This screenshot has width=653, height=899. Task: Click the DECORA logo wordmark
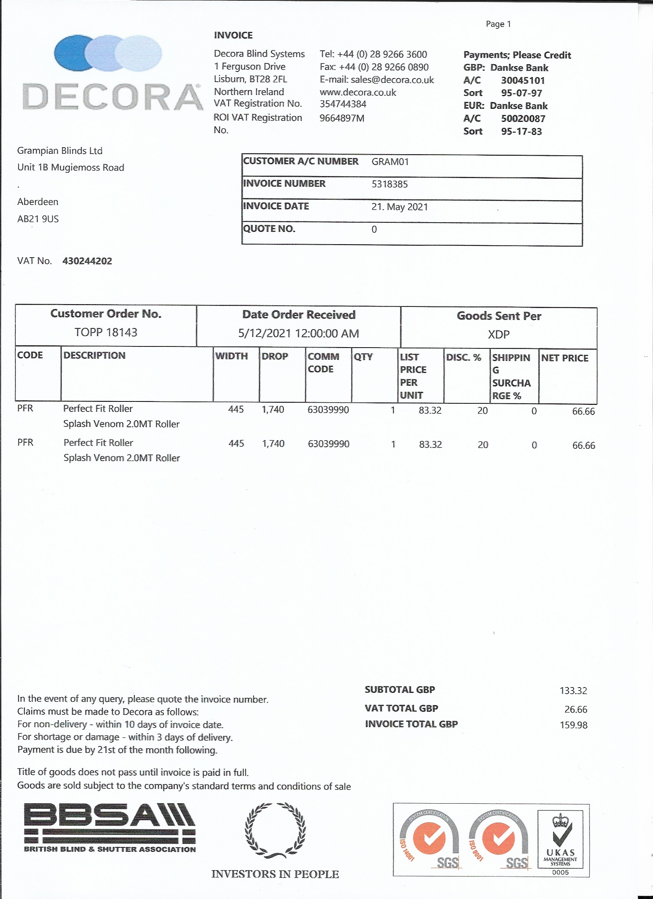point(113,97)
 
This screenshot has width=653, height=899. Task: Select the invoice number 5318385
point(389,184)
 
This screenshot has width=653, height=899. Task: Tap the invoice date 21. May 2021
point(399,207)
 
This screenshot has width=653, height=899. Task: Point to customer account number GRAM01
point(389,162)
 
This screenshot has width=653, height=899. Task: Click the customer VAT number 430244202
point(87,261)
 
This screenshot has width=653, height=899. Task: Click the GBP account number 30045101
point(523,80)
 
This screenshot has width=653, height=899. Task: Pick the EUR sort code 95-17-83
point(521,132)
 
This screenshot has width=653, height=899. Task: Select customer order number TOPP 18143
point(106,332)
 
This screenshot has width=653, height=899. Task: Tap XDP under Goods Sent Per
point(499,335)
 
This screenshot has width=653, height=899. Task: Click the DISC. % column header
point(463,358)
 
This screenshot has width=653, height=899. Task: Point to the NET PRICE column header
point(564,358)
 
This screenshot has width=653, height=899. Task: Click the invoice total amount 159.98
point(573,725)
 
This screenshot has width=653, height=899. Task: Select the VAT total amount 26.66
point(576,709)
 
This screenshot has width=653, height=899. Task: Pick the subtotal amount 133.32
point(573,691)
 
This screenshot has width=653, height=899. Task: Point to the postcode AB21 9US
point(38,219)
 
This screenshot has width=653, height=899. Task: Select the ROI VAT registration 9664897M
point(342,118)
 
